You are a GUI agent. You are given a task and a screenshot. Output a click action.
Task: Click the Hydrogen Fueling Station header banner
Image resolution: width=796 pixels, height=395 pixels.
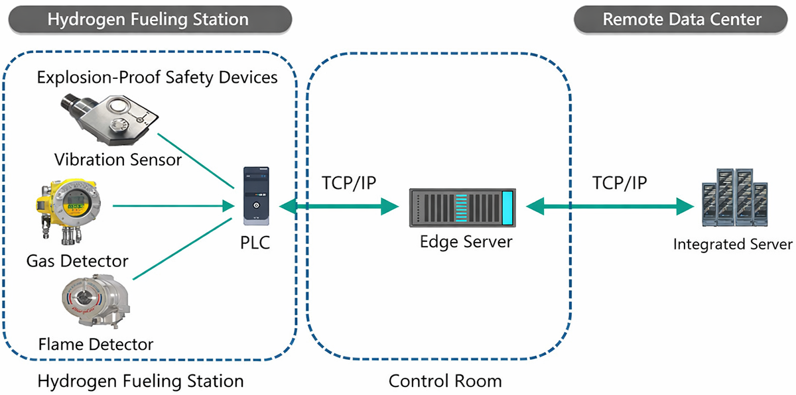150,19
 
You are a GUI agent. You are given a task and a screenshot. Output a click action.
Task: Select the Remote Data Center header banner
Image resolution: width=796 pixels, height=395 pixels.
681,19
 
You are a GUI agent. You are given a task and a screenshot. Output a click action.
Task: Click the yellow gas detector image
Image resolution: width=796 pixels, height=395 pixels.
68,211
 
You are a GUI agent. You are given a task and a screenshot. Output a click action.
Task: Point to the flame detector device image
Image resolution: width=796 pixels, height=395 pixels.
96,302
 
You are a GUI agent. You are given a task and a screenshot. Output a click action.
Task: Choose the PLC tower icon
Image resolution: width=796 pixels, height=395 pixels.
256,196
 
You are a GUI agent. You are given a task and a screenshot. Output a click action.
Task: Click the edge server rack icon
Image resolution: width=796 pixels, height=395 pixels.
462,207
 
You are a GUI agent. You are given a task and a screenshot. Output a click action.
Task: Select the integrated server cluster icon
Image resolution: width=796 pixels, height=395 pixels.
734,197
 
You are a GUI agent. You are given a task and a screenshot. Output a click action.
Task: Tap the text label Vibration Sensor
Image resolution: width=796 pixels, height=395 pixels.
118,160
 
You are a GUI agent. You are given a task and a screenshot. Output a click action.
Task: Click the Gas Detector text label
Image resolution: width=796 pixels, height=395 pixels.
77,261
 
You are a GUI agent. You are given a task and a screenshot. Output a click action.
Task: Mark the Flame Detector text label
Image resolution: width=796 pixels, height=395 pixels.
96,344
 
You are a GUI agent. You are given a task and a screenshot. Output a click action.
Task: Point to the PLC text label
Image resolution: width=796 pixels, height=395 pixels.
255,243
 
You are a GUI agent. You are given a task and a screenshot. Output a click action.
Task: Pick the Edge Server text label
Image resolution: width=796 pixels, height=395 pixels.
466,242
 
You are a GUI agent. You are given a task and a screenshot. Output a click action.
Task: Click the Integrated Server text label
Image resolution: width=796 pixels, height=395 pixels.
733,244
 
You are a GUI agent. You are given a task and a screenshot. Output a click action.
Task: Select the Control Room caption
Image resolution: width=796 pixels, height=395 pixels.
445,381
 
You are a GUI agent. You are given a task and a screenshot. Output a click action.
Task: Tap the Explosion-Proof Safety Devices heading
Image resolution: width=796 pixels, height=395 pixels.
157,78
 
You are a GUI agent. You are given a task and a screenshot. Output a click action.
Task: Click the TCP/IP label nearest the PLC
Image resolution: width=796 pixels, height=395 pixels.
349,183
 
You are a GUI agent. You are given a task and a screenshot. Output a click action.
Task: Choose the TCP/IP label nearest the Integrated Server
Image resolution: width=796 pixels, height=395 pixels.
620,183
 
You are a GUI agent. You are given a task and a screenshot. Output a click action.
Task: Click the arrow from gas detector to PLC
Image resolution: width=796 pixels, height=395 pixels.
174,206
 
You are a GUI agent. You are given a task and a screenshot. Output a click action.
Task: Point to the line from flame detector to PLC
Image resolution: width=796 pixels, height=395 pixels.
182,249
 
